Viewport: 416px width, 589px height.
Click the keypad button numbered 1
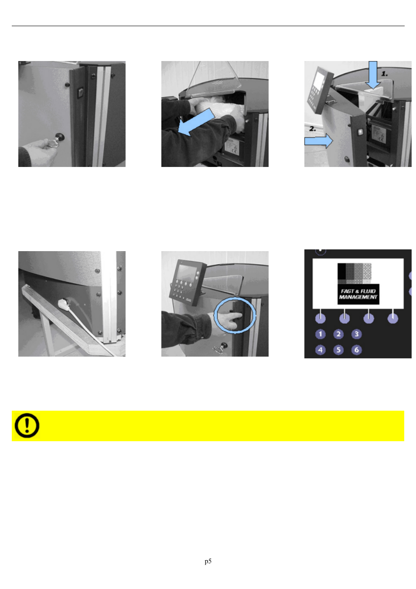click(x=320, y=334)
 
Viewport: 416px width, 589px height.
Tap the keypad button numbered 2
click(x=338, y=334)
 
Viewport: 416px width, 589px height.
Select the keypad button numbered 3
click(x=356, y=334)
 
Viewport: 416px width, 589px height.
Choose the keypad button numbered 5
click(x=338, y=350)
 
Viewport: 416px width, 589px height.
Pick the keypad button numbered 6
click(x=356, y=350)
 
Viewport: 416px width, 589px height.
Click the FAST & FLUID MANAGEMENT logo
click(x=358, y=294)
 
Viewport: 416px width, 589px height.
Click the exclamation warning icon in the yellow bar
click(x=27, y=426)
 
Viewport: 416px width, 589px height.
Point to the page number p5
click(x=208, y=562)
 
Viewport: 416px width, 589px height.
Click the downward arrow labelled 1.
click(x=372, y=75)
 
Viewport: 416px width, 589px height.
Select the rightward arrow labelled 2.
click(x=318, y=141)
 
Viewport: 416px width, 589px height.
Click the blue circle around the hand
click(x=235, y=315)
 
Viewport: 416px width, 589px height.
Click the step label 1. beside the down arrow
click(x=384, y=74)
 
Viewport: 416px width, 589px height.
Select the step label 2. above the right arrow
click(x=312, y=129)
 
